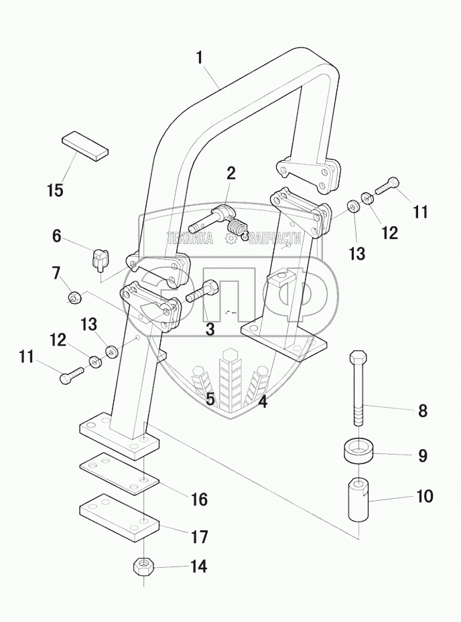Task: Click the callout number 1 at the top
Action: pyautogui.click(x=199, y=58)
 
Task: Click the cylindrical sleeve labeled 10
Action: pyautogui.click(x=358, y=501)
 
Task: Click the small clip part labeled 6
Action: pyautogui.click(x=99, y=258)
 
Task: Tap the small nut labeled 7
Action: pyautogui.click(x=74, y=296)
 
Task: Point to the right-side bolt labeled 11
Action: pyautogui.click(x=387, y=185)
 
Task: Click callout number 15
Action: pyautogui.click(x=56, y=190)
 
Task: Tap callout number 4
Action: pyautogui.click(x=263, y=402)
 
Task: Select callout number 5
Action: pyautogui.click(x=210, y=400)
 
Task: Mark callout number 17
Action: pyautogui.click(x=198, y=537)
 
